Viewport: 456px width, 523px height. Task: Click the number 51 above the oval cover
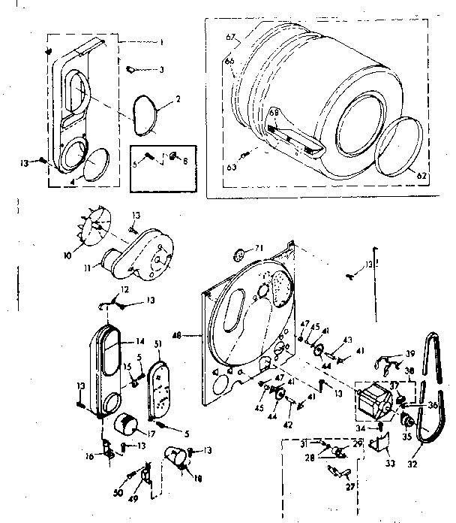pos(158,344)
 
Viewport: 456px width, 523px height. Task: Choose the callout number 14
pos(139,340)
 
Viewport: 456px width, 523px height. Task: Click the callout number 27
pos(348,486)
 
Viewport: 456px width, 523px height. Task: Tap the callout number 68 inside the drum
pos(273,113)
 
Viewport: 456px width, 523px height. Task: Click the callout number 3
pos(160,70)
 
